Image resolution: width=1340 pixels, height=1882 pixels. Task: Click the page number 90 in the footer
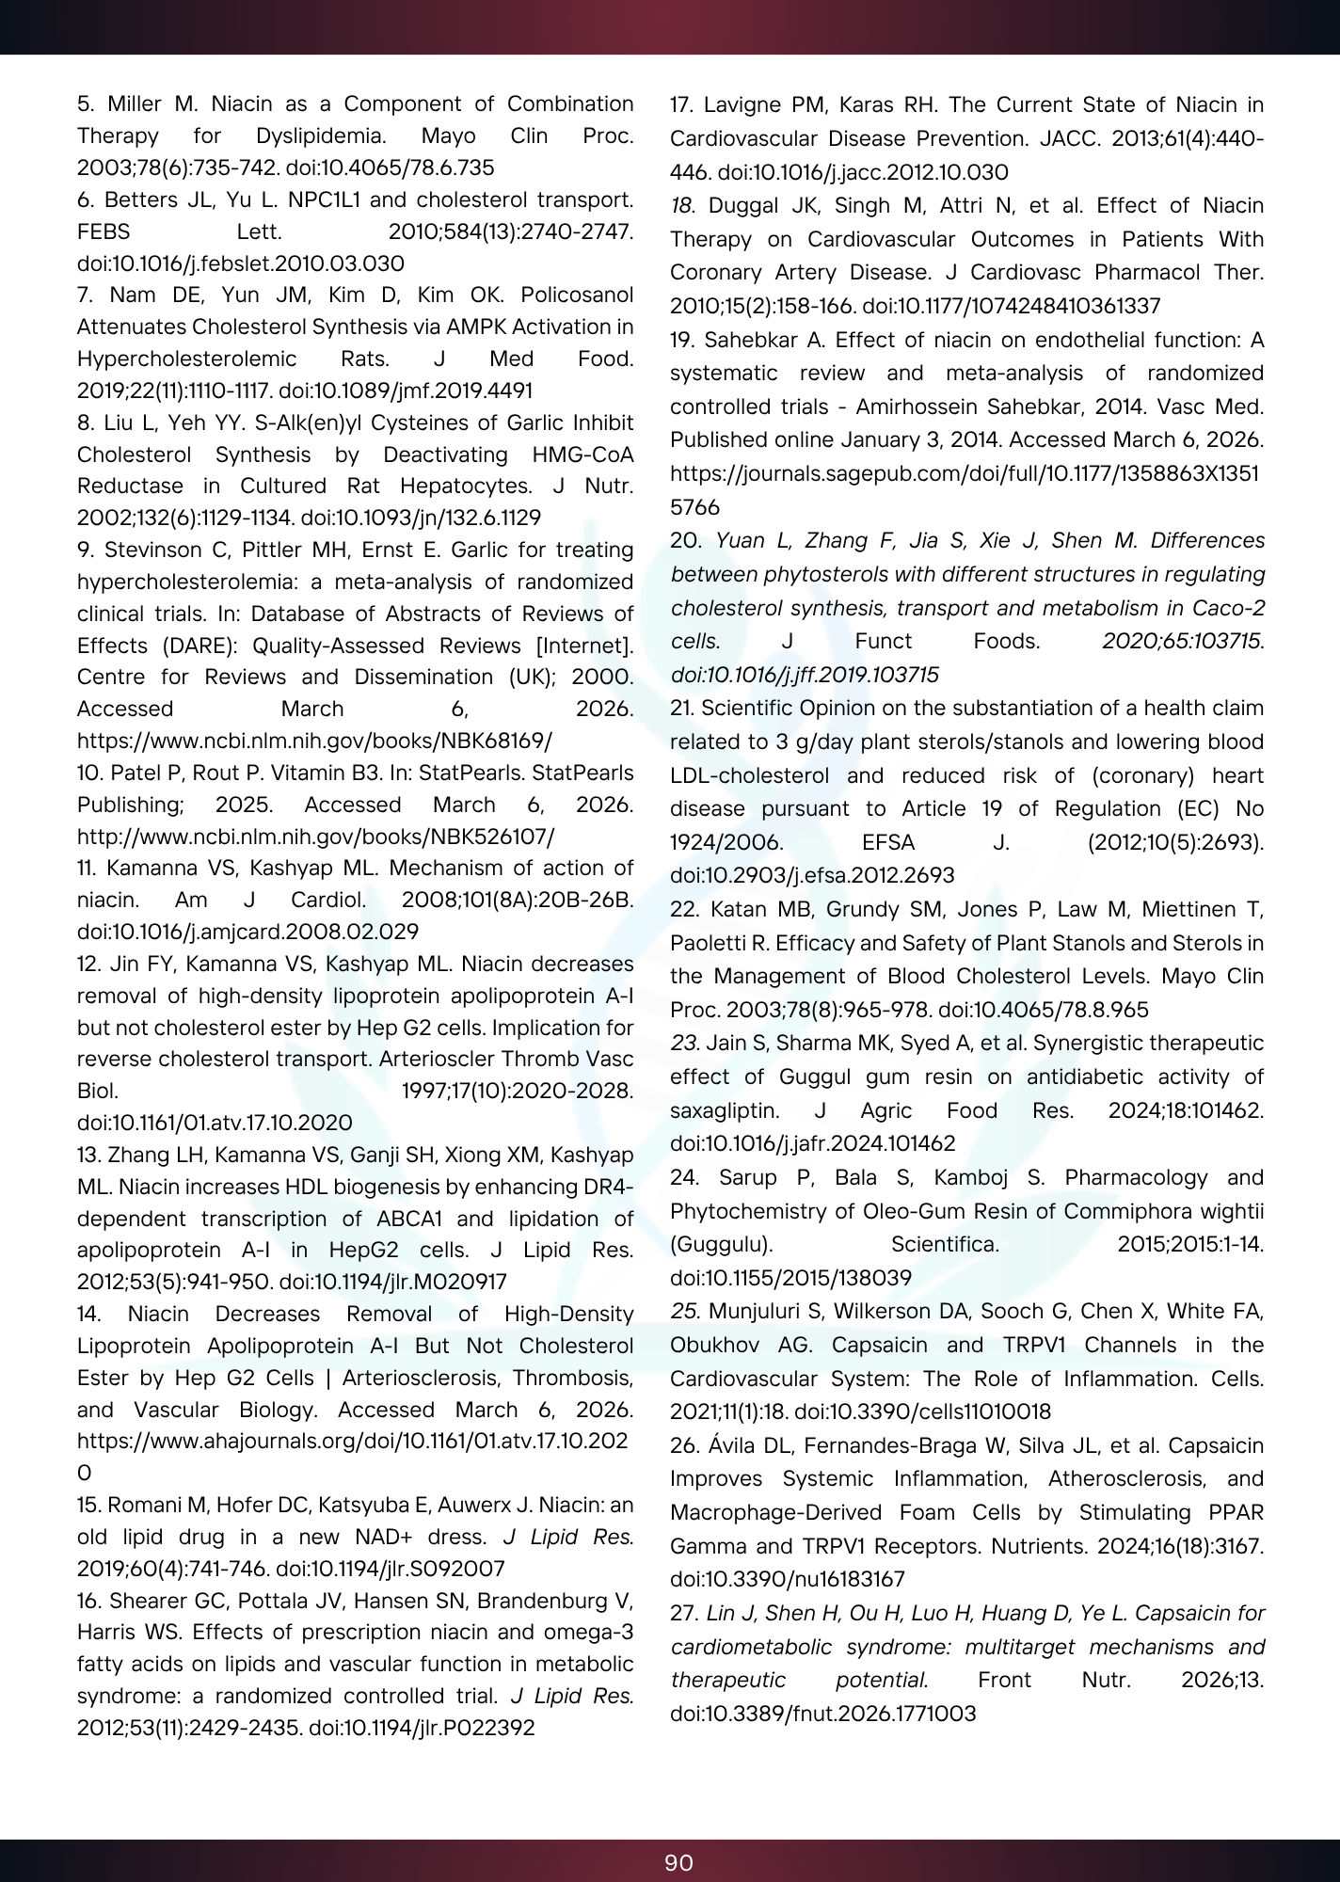click(678, 1862)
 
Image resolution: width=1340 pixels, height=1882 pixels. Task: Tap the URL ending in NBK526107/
click(315, 837)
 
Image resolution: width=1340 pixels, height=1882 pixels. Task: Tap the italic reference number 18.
click(683, 205)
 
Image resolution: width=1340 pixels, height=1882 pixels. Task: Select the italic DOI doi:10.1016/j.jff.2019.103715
click(805, 675)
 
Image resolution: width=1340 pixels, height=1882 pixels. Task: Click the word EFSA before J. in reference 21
click(887, 842)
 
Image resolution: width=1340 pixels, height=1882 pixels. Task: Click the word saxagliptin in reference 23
click(724, 1110)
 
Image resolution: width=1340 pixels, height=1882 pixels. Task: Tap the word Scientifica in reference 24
click(944, 1244)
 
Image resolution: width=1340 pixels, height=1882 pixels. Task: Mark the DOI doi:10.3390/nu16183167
click(787, 1579)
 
